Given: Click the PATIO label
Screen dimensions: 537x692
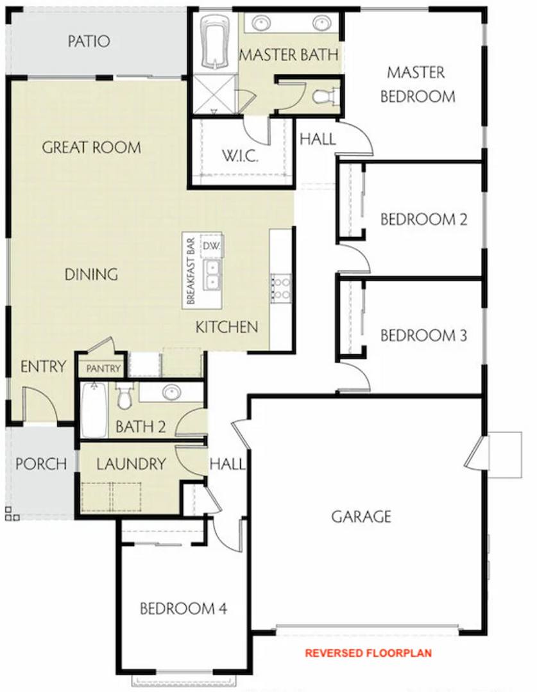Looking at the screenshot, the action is pos(89,42).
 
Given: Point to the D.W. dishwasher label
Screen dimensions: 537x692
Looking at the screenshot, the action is pos(212,246).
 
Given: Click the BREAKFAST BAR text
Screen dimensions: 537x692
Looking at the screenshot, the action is pos(191,271).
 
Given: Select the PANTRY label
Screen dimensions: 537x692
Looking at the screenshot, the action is pos(103,368).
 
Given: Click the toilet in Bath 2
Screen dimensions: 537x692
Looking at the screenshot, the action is pos(124,395).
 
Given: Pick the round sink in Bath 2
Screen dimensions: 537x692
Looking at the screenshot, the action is pos(171,391).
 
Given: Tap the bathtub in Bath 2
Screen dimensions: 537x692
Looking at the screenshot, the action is pos(94,411).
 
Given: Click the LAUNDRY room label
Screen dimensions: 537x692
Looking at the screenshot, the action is pos(132,464).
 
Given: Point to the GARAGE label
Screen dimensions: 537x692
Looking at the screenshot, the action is pos(361,516).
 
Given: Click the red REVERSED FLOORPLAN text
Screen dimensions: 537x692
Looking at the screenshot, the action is pos(368,653).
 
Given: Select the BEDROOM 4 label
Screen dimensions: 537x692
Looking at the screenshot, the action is pos(183,609).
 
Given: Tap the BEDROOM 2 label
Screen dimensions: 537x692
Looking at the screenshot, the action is pos(423,219).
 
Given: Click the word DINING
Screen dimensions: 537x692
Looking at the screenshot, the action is pos(91,274).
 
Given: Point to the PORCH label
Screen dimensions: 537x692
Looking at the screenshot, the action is pos(41,464).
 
